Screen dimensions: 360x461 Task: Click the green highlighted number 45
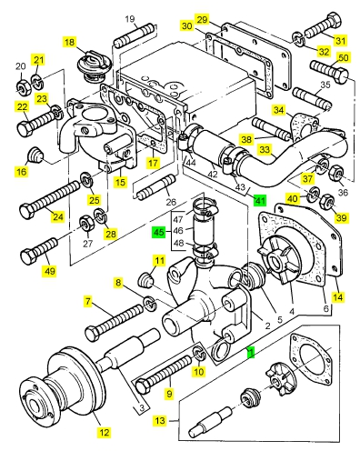pyautogui.click(x=159, y=232)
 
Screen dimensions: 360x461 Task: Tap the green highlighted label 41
pyautogui.click(x=260, y=200)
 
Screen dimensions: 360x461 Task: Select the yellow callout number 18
pyautogui.click(x=70, y=42)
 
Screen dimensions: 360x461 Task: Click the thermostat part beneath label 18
pyautogui.click(x=93, y=66)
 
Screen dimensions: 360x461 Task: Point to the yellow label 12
pyautogui.click(x=105, y=432)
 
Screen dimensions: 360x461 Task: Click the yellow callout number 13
pyautogui.click(x=160, y=420)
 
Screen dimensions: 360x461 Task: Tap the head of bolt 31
pyautogui.click(x=334, y=20)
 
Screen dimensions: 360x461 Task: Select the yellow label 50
pyautogui.click(x=344, y=57)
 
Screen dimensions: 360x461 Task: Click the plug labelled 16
pyautogui.click(x=35, y=155)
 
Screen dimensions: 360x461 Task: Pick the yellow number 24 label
pyautogui.click(x=58, y=216)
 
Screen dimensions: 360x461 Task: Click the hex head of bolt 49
pyautogui.click(x=28, y=257)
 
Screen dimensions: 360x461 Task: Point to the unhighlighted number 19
pyautogui.click(x=130, y=19)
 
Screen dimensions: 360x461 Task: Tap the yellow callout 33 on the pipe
pyautogui.click(x=265, y=150)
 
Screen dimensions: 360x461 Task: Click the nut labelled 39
pyautogui.click(x=327, y=201)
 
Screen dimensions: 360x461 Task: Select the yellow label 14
pyautogui.click(x=338, y=296)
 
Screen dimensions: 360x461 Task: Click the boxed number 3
pyautogui.click(x=142, y=408)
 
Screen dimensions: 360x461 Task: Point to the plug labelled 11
pyautogui.click(x=146, y=281)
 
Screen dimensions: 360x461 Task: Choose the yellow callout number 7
pyautogui.click(x=88, y=302)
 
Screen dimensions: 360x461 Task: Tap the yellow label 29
pyautogui.click(x=203, y=20)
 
